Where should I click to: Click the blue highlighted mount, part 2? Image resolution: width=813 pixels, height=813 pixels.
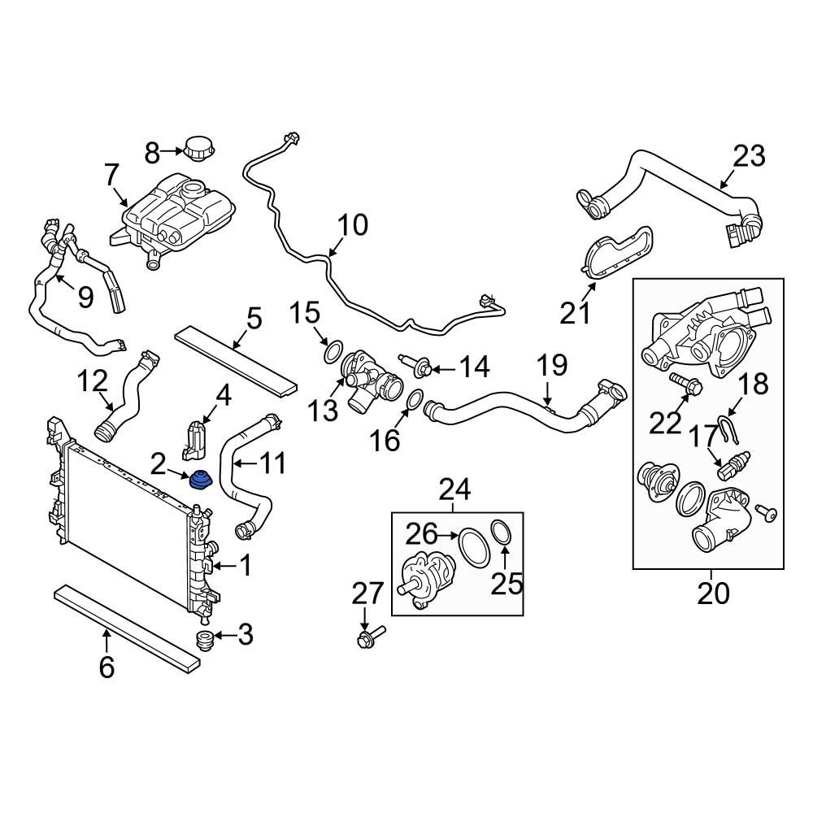[x=199, y=481]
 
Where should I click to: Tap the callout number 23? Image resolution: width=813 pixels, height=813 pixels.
[x=749, y=155]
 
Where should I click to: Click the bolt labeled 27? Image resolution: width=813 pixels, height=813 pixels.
[x=368, y=637]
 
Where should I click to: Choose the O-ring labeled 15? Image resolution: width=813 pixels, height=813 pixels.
[x=333, y=352]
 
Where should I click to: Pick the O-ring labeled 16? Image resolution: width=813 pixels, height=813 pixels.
[x=414, y=400]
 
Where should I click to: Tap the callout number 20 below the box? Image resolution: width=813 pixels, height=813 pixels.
[x=713, y=593]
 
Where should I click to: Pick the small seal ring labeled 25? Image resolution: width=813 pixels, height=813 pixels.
[x=502, y=533]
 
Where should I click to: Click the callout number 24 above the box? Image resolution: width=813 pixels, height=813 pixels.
[x=454, y=489]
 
